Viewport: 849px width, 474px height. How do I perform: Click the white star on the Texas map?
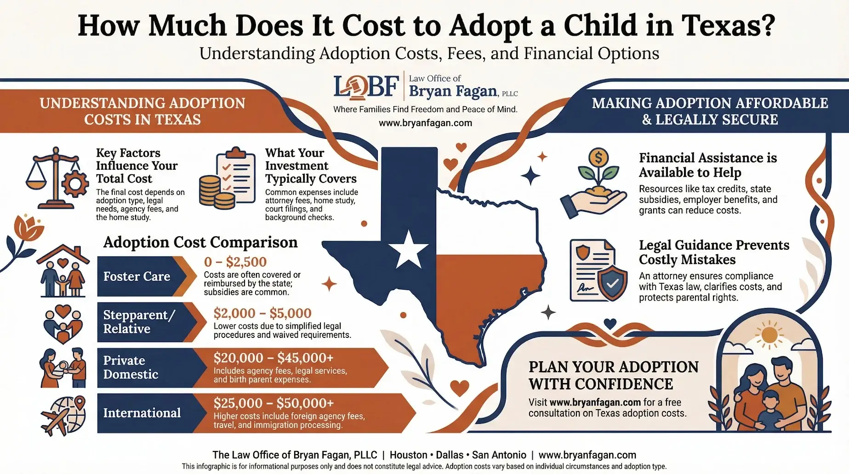(408, 249)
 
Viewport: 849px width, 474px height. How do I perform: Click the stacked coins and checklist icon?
(227, 179)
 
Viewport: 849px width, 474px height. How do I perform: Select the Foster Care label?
(137, 276)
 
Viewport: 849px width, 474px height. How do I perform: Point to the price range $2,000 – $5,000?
(262, 313)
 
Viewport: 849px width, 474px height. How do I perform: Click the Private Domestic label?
(131, 367)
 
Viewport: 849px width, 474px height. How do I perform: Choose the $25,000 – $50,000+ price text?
(274, 403)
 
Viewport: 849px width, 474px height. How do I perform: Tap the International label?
(142, 413)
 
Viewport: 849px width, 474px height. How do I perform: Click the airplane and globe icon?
(63, 416)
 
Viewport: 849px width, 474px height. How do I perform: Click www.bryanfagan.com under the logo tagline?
(425, 123)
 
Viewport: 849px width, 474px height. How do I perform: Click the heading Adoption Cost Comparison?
(200, 242)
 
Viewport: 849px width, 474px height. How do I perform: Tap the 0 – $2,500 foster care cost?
(235, 262)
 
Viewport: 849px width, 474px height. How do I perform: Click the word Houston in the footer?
(408, 455)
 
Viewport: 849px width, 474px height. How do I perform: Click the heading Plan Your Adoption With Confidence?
(613, 375)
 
